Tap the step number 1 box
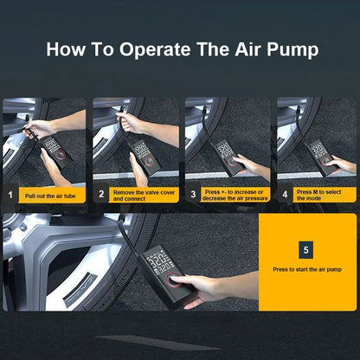point(10,196)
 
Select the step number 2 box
point(101,196)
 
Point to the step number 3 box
point(192,196)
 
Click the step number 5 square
point(305,250)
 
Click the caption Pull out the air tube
point(48,196)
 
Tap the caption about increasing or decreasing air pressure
point(235,196)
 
